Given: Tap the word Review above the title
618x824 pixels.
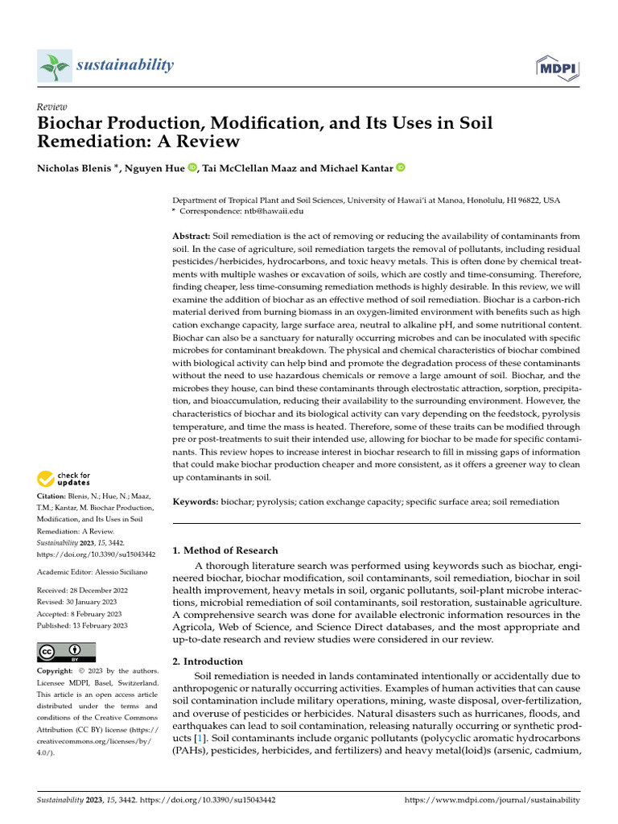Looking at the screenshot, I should pyautogui.click(x=52, y=107).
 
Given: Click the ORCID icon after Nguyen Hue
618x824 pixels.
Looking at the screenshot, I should pyautogui.click(x=192, y=167).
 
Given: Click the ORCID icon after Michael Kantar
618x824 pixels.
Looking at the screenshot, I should pyautogui.click(x=400, y=167).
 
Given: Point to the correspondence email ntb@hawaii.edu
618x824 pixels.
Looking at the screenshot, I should pyautogui.click(x=274, y=210).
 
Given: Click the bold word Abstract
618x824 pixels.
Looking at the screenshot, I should pyautogui.click(x=192, y=235).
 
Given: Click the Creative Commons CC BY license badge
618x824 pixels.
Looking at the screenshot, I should pyautogui.click(x=66, y=652).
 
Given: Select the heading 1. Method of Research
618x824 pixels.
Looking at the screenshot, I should pyautogui.click(x=226, y=550).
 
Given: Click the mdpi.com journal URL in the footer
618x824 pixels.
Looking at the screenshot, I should pyautogui.click(x=492, y=801).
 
